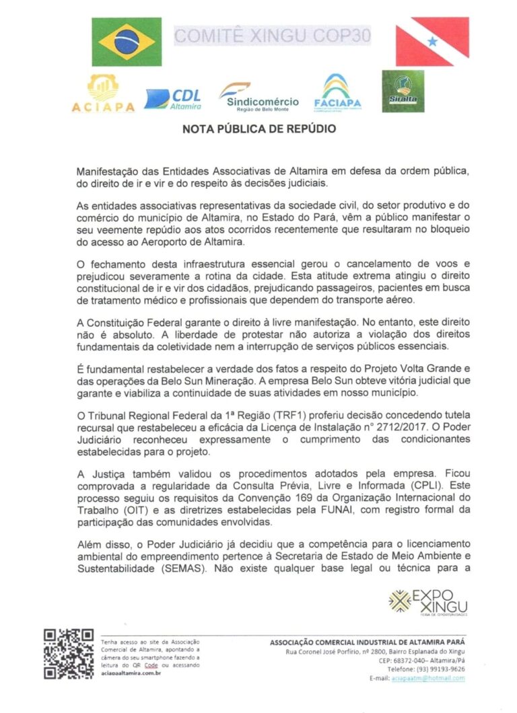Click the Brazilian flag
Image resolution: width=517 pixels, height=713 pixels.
[x=126, y=42]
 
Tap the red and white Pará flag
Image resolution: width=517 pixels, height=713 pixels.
[x=432, y=42]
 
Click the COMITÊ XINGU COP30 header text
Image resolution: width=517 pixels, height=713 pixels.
[x=273, y=36]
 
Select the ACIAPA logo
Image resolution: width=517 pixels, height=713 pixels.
[x=103, y=93]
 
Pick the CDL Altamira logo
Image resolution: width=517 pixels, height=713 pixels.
[x=173, y=99]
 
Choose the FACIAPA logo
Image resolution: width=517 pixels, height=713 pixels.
[x=337, y=93]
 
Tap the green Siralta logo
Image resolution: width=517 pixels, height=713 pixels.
[x=403, y=91]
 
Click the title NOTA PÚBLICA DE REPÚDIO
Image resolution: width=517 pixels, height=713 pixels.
[x=259, y=128]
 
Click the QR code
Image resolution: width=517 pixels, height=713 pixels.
[x=69, y=653]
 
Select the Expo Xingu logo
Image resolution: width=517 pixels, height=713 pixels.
[x=428, y=601]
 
